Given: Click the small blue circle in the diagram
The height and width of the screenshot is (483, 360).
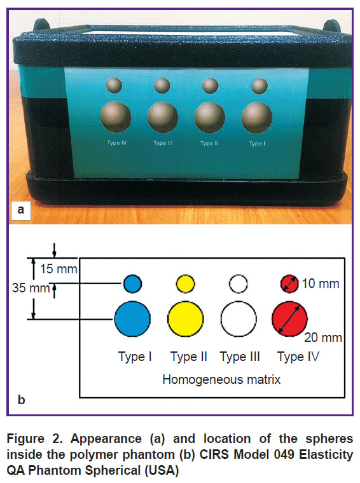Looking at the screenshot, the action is click(132, 283).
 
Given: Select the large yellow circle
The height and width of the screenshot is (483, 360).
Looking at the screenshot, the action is click(186, 319).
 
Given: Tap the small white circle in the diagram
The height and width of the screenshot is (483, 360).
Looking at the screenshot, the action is click(239, 283).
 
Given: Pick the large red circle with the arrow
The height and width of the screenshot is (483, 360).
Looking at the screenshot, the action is click(289, 319).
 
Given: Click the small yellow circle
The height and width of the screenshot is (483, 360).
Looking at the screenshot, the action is click(186, 283).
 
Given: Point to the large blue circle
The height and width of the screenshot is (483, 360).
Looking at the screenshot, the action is click(132, 319).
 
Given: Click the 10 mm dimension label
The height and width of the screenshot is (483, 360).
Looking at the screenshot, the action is click(321, 283).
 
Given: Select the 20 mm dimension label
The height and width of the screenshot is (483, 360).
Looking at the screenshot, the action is click(323, 337).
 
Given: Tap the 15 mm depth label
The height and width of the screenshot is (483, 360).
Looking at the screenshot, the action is click(59, 269).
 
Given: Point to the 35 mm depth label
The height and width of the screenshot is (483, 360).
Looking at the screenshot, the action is click(31, 288).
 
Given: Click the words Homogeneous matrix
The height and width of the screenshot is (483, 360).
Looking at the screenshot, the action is click(221, 379).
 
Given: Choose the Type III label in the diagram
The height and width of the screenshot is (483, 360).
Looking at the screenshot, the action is click(240, 357).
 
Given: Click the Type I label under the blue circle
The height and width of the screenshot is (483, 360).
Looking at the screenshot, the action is click(135, 357).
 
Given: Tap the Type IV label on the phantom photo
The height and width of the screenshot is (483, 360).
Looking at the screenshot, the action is click(117, 143).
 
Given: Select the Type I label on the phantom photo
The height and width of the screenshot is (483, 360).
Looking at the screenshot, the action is click(257, 144).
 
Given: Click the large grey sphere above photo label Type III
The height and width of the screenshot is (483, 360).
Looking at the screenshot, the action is click(163, 117).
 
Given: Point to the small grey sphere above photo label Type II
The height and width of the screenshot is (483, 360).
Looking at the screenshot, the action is click(210, 86).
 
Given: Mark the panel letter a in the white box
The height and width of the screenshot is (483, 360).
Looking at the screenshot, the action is click(20, 210).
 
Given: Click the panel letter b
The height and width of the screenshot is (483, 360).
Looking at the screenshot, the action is click(21, 400).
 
